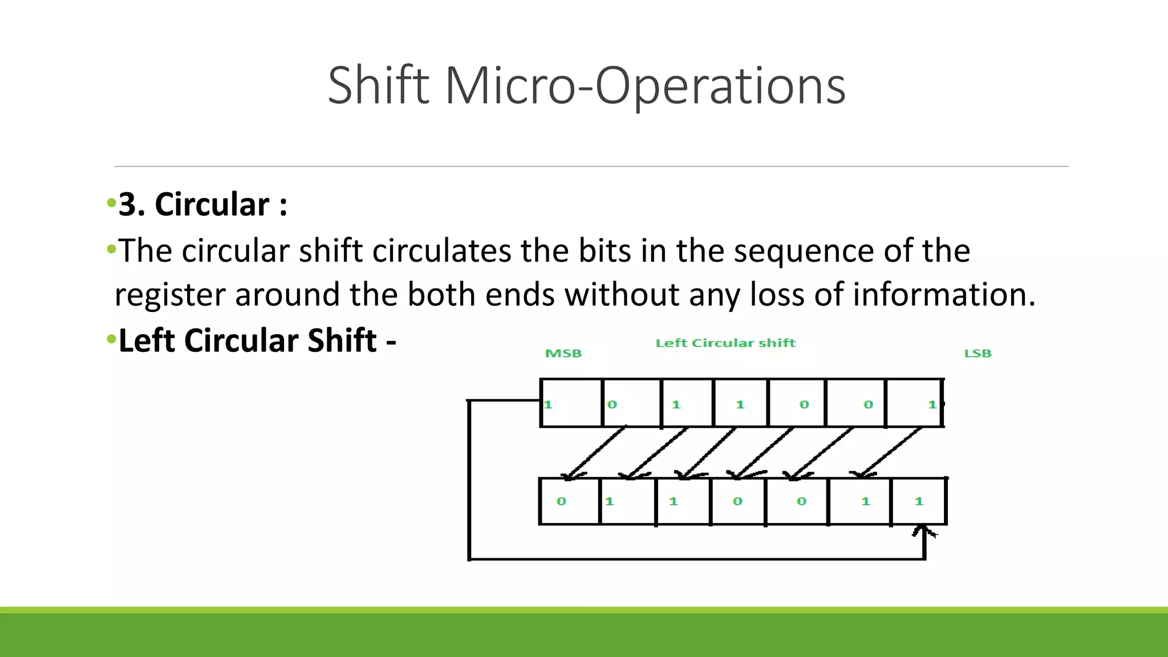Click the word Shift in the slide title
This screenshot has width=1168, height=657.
[378, 86]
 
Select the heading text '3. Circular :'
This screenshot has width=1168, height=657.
[202, 204]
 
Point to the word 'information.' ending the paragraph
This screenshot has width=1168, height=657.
[944, 294]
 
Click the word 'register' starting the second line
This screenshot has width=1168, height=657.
[170, 294]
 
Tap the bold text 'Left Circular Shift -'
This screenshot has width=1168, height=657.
[257, 340]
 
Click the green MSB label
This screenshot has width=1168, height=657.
[563, 354]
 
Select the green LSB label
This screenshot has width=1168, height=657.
[978, 354]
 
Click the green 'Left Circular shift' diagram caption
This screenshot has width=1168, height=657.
[725, 343]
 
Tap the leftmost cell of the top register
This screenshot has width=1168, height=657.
[571, 403]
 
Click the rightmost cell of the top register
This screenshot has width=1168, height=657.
[914, 403]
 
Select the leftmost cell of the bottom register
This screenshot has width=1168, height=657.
[569, 501]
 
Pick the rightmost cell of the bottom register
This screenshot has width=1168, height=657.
[918, 501]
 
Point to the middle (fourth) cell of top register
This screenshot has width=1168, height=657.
[740, 403]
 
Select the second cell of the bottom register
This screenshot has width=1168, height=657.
[627, 501]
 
